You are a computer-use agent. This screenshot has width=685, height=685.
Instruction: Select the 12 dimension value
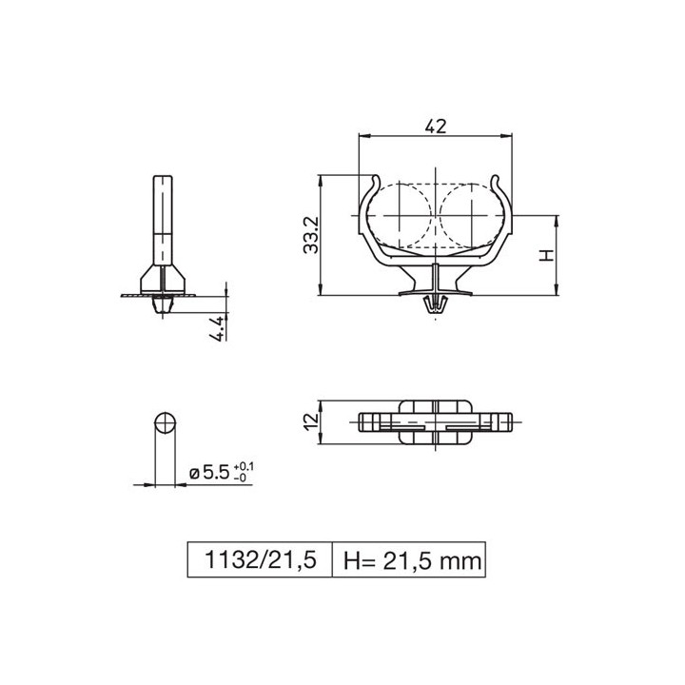point(310,421)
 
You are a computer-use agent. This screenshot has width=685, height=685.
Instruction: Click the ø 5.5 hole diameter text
point(210,472)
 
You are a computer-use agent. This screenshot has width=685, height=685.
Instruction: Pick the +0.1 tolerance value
point(244,465)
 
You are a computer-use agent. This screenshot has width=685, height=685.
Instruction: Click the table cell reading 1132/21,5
point(257,559)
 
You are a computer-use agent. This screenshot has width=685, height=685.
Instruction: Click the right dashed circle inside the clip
point(472,215)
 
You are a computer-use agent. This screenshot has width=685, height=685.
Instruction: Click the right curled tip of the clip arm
point(498,181)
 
